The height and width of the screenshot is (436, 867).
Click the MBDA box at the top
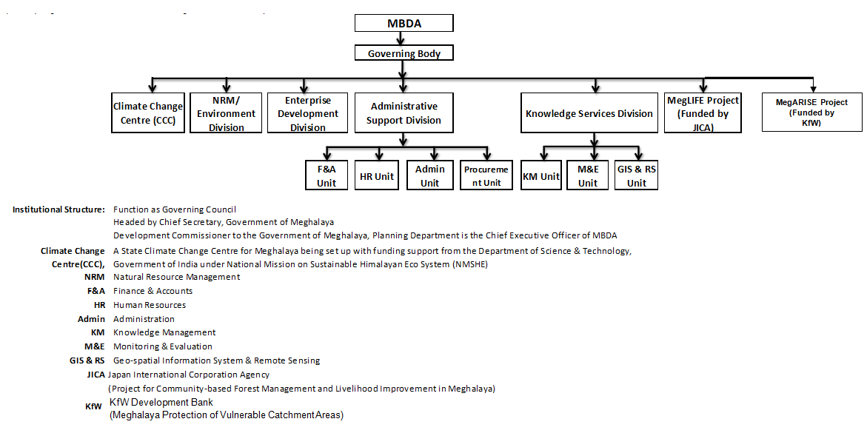pos(404,23)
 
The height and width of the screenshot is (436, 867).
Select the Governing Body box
pos(404,53)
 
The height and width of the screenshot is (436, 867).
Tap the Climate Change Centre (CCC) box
pos(147,113)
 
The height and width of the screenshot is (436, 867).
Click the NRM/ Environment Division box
pos(226,113)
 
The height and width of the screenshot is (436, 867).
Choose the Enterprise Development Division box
pos(307,113)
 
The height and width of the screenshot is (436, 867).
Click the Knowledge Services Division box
pos(589,113)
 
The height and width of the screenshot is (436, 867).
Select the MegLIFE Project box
pos(703,113)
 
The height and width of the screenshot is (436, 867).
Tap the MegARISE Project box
pos(811,113)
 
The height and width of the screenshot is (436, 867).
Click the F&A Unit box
pos(326,175)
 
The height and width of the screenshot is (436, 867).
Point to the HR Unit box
pos(377,176)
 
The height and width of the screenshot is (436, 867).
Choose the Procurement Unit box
pos(486,176)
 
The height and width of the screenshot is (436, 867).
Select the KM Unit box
pos(540,176)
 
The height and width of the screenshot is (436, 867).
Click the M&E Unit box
pos(587,176)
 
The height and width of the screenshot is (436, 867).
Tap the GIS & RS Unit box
pos(636,176)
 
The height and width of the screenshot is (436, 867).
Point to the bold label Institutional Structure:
pos(58,209)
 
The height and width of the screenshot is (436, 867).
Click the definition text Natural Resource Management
pos(176,277)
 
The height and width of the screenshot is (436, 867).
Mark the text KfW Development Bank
pos(161,403)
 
